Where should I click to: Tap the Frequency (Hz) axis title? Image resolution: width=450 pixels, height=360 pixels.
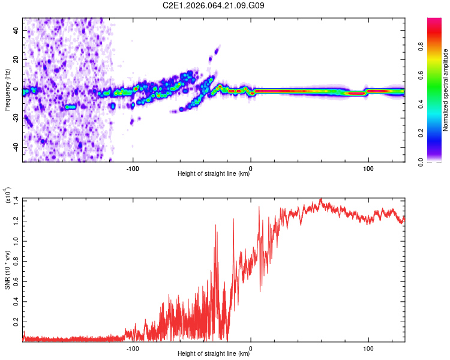coord(7,90)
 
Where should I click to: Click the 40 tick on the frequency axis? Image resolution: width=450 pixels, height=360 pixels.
coord(15,30)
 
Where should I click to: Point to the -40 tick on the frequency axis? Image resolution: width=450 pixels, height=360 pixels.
coord(14,148)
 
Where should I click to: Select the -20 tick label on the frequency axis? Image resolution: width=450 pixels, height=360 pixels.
coord(14,118)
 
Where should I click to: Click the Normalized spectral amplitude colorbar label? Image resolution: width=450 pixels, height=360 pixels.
coord(445,90)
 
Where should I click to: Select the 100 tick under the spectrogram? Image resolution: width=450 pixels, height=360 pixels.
coord(368,167)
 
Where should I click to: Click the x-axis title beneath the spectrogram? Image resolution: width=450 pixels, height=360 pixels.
coord(214,175)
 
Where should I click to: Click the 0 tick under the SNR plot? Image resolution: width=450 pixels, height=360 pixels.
coord(251,347)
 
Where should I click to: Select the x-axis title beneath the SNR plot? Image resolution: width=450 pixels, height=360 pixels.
coord(214,355)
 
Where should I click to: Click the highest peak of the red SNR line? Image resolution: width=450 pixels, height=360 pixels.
coord(321,199)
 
